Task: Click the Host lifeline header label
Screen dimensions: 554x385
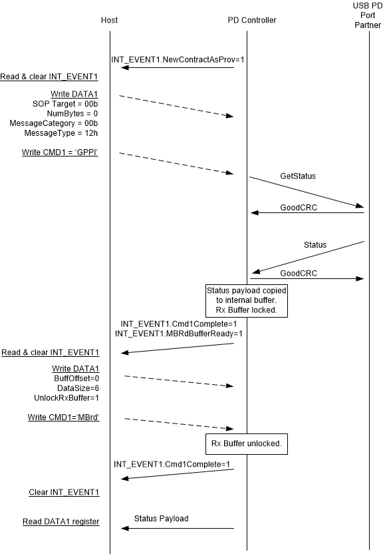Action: coord(110,20)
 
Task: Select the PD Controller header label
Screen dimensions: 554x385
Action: coord(252,20)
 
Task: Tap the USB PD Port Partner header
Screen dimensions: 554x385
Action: coord(369,20)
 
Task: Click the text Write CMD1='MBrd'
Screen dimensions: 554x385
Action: coord(63,417)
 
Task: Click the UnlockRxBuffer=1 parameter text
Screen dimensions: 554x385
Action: coord(68,398)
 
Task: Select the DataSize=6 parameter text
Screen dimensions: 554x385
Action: coord(78,388)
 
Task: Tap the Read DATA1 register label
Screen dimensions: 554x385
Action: coord(64,521)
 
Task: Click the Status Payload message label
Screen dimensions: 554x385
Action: coord(161,518)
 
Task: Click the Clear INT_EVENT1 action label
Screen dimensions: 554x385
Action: coord(64,493)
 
